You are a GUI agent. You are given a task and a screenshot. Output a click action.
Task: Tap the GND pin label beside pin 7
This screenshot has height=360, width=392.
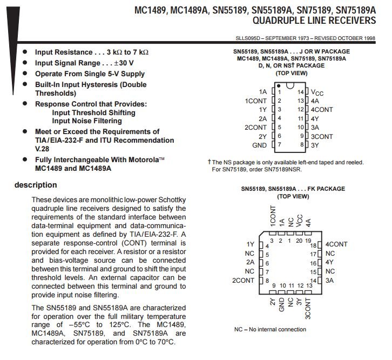pyautogui.click(x=259, y=145)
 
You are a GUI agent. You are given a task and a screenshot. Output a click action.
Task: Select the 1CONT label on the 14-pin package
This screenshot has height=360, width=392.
pyautogui.click(x=256, y=101)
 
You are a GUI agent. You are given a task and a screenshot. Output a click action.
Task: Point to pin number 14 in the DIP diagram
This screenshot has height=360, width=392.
pyautogui.click(x=301, y=92)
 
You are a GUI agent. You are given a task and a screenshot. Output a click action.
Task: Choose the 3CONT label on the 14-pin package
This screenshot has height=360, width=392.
pyautogui.click(x=322, y=136)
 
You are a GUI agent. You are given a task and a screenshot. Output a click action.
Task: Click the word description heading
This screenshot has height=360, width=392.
pyautogui.click(x=36, y=185)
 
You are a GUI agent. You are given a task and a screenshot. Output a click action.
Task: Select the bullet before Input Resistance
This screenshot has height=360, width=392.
pyautogui.click(x=25, y=52)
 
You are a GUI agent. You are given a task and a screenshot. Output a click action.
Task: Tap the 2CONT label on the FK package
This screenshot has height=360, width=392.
pyautogui.click(x=243, y=280)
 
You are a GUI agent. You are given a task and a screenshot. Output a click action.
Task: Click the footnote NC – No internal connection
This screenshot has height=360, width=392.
pyautogui.click(x=270, y=329)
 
